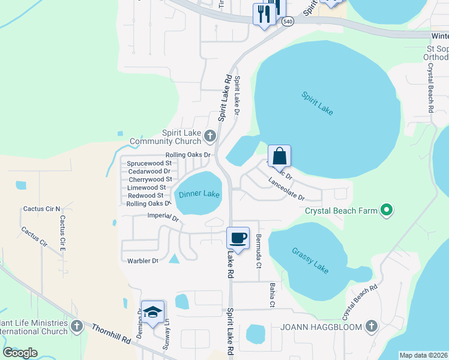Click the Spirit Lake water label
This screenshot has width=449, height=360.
(317, 104)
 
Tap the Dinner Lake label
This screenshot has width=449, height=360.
(199, 194)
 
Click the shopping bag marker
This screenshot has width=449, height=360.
(279, 156)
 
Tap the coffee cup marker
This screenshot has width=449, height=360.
(238, 238)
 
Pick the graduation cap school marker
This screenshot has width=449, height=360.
(152, 312)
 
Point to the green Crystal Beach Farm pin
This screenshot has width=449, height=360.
(387, 211)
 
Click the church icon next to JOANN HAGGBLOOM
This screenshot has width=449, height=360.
(371, 327)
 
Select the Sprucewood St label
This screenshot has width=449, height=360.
(148, 163)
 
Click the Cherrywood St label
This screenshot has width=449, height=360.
(150, 179)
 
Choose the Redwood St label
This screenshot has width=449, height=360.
(146, 196)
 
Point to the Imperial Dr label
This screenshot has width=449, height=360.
(163, 218)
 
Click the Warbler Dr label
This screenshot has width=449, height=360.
(143, 260)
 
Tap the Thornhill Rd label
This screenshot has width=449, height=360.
(111, 334)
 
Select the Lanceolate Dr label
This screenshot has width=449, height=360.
(286, 189)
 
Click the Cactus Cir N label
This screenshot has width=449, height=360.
(42, 209)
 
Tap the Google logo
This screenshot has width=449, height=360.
(20, 352)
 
